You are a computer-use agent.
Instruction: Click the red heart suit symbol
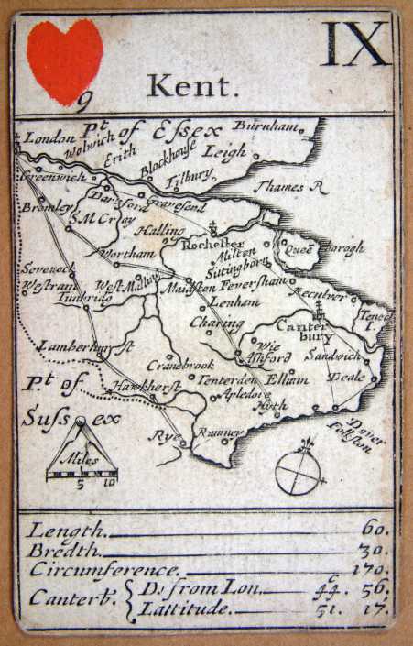[x=64, y=60]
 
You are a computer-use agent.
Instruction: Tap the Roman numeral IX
[x=355, y=44]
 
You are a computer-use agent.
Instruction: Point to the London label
[x=46, y=138]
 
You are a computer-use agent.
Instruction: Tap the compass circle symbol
[x=301, y=472]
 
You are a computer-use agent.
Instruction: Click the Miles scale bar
[x=82, y=474]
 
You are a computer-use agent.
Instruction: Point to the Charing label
[x=216, y=323]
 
